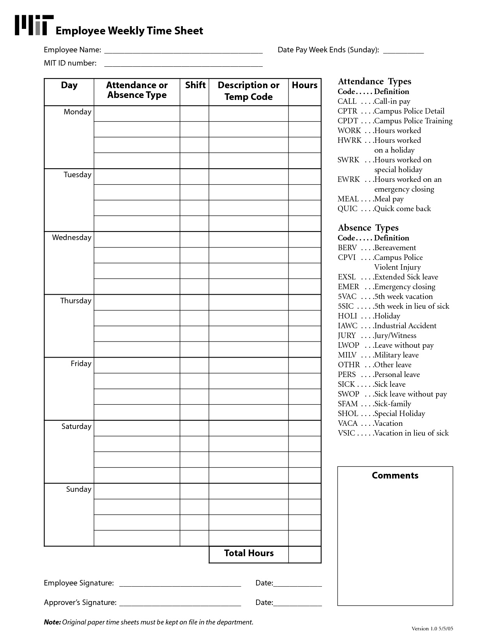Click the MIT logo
coord(34,26)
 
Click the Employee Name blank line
coord(183,52)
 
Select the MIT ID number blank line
coord(183,65)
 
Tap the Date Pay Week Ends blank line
coord(403,52)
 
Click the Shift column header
coord(195,85)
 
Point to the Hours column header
coord(304,85)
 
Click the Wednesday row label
coord(72,238)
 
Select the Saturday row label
coord(76,427)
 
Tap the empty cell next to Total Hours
coord(305,554)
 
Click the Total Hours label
coord(249,553)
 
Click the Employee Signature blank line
coord(180,585)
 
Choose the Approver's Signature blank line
coord(180,605)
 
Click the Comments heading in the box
coord(395,475)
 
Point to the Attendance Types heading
coord(374,81)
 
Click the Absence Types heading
coord(368,228)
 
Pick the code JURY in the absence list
coord(347,336)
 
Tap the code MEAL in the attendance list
coord(348,199)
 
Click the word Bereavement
coord(395,248)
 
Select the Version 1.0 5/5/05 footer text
coord(432,629)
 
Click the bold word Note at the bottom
coord(52,622)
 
